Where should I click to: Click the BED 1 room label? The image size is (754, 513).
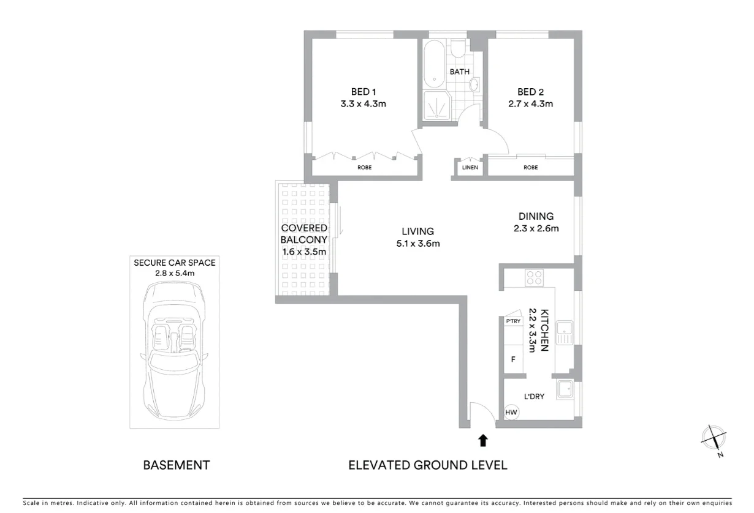(x=363, y=92)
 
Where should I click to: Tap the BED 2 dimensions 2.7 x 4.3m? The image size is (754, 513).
(x=530, y=104)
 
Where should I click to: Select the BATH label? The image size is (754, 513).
(x=459, y=72)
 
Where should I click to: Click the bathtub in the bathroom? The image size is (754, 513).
(x=434, y=63)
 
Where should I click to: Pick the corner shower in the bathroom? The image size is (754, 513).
(x=436, y=108)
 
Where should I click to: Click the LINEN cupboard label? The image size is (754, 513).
(x=470, y=167)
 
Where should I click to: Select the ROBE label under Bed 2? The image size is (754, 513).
(x=530, y=167)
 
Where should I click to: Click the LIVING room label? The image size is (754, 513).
(x=417, y=231)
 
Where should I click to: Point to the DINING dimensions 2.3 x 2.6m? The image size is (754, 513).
(x=536, y=228)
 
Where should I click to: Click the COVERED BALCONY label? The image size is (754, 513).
(x=304, y=234)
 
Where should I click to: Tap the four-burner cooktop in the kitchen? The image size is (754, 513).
(x=534, y=278)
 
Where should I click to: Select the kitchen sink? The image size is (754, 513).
(x=564, y=334)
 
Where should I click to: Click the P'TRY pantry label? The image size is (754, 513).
(x=512, y=321)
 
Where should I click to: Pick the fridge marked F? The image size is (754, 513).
(x=513, y=359)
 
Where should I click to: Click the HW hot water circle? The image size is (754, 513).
(x=511, y=413)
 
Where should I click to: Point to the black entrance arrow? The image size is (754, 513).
(x=483, y=440)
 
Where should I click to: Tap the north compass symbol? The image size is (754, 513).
(x=714, y=440)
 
